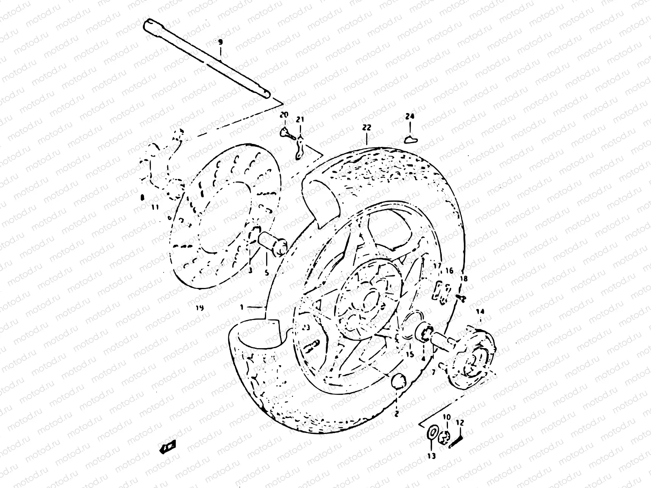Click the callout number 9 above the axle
point(220,42)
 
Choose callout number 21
point(300,120)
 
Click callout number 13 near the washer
point(431,456)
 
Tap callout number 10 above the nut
point(447,417)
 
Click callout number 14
point(481,312)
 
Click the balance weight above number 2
point(398,382)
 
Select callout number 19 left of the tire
point(199,308)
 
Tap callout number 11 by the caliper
point(155,207)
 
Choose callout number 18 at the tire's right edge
point(464,279)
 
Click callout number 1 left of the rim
point(242,307)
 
